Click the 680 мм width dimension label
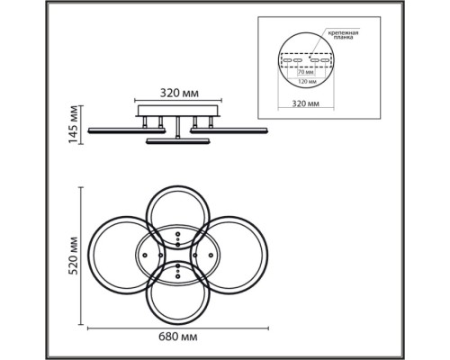click(x=178, y=337)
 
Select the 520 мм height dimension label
click(x=73, y=256)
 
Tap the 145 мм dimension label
click(x=73, y=124)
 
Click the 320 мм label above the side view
click(x=179, y=94)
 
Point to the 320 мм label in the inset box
click(x=306, y=103)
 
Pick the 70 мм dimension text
click(x=306, y=72)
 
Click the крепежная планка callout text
click(x=343, y=35)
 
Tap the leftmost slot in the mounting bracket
click(x=287, y=60)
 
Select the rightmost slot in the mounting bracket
click(x=325, y=60)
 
